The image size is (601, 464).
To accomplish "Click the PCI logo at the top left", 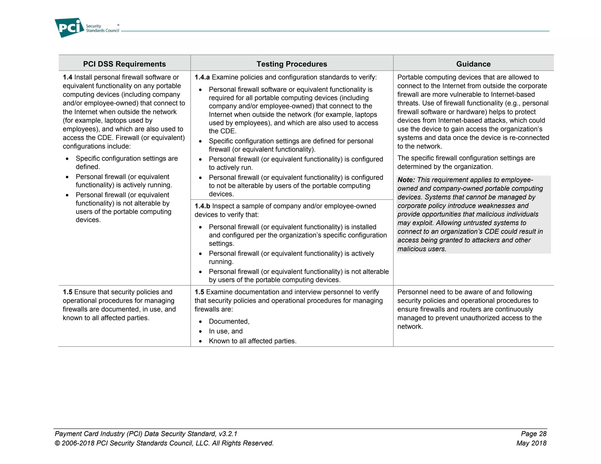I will tap(69, 28).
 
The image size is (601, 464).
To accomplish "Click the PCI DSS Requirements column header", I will tap(124, 64).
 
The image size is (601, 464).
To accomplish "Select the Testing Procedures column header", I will tap(292, 64).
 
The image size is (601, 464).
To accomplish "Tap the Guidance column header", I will tap(473, 64).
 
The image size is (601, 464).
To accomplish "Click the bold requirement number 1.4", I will tap(67, 77).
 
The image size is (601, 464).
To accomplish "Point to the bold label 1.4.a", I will tap(202, 77).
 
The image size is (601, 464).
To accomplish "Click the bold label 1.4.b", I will tap(202, 206).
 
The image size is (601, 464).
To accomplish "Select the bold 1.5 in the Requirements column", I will tap(67, 292).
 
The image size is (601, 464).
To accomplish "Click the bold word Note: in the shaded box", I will tap(406, 180).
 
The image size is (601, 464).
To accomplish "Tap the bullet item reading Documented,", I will tap(229, 321).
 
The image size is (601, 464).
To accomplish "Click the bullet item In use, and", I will tap(226, 331).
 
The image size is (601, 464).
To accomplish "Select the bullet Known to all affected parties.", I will tap(252, 341).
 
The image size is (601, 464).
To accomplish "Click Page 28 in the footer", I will tap(534, 433).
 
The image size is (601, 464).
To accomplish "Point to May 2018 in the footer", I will tap(531, 443).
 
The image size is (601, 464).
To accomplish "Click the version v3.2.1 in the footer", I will tap(228, 433).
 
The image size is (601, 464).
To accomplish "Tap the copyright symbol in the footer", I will tap(58, 443).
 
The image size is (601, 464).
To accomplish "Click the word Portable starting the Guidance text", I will tap(409, 77).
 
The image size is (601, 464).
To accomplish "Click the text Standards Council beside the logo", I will tap(102, 31).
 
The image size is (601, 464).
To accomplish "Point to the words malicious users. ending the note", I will tap(422, 249).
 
